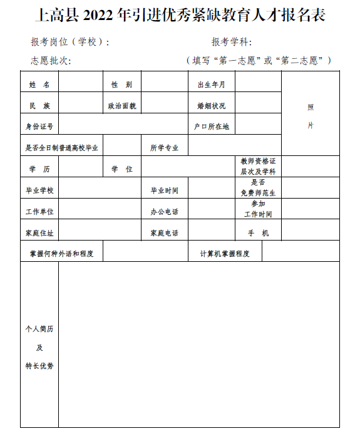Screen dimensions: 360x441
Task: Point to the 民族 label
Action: pos(39,106)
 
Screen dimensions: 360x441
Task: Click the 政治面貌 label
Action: pos(122,106)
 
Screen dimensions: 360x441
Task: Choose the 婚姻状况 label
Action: pos(211,106)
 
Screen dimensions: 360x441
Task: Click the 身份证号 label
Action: pos(39,127)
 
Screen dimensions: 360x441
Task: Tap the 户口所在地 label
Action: pos(211,127)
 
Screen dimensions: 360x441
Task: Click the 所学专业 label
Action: pos(164,148)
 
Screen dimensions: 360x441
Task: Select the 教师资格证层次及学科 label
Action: pos(258,166)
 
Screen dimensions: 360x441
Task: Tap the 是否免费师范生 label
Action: pos(258,187)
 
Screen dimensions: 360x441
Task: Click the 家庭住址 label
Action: pos(39,233)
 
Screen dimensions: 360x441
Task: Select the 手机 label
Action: pos(258,233)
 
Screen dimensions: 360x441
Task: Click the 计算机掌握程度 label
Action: pos(225,254)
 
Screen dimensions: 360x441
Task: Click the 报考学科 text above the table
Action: pos(231,43)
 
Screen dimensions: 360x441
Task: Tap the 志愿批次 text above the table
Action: pos(51,61)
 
